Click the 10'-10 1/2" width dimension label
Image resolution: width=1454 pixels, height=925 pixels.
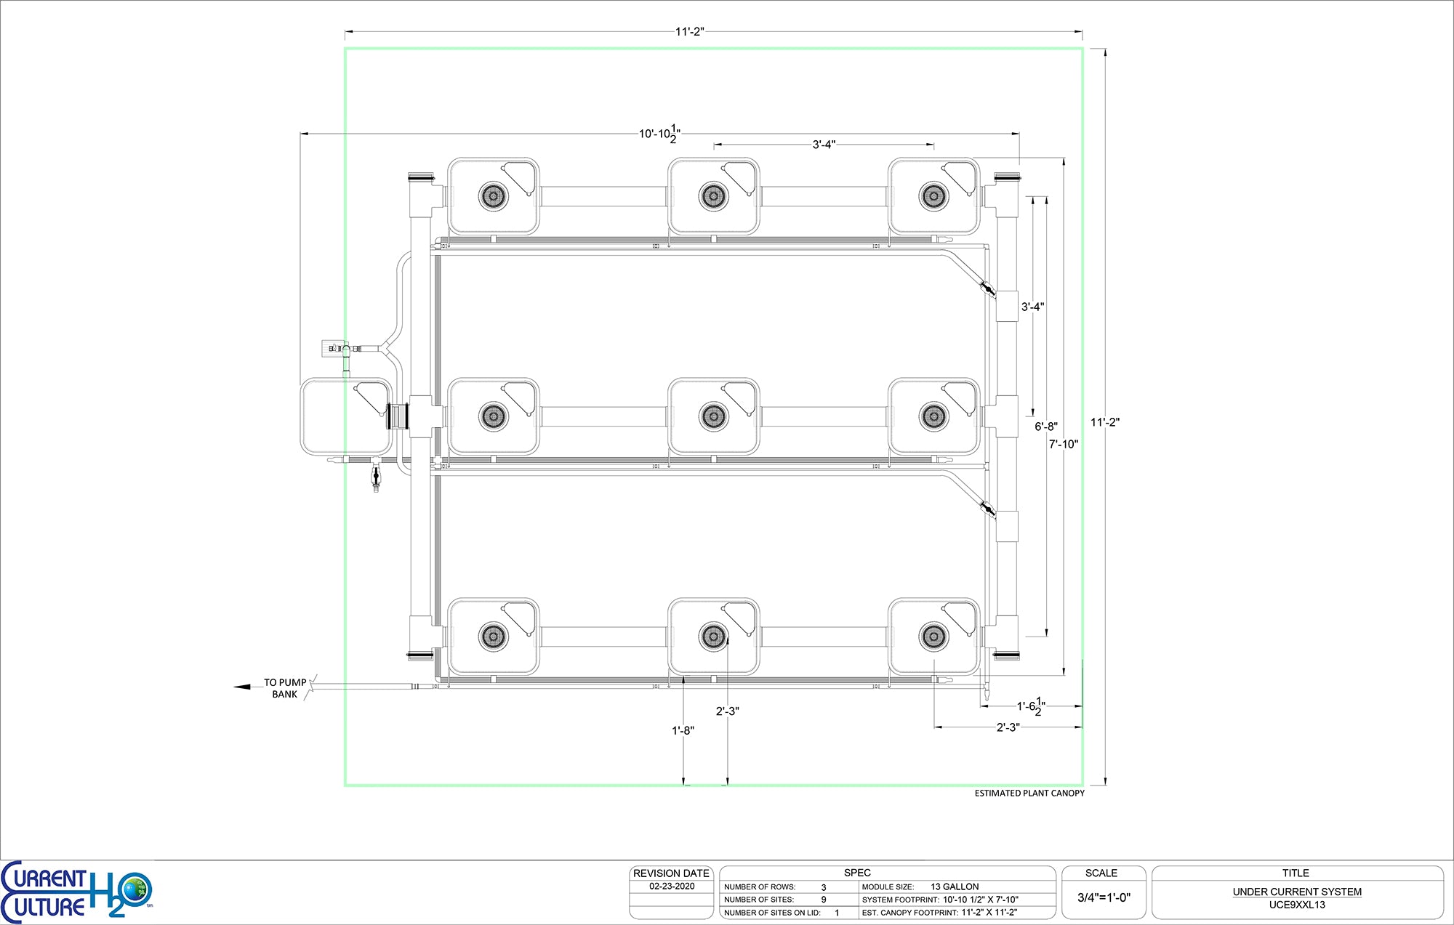(659, 134)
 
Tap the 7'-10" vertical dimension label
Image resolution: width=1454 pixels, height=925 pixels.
(1063, 444)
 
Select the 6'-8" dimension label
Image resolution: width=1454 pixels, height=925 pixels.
(1046, 427)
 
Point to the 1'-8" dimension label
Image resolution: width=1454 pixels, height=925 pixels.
(683, 730)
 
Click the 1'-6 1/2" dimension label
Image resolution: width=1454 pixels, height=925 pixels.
(1031, 706)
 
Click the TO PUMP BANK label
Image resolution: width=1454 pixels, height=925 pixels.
(285, 688)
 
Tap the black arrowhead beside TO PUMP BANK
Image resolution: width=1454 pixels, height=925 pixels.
(241, 686)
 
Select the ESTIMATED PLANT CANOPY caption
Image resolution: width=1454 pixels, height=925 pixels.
(1029, 793)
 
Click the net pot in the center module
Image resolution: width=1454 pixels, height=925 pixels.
(713, 416)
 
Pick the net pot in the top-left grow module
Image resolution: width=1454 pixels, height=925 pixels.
(493, 196)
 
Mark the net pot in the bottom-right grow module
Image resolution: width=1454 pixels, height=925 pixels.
(933, 637)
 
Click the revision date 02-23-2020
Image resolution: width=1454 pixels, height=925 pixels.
(672, 886)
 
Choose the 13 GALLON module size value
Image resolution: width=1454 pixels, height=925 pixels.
(955, 886)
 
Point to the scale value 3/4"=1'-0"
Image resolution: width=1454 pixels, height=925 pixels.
(1104, 897)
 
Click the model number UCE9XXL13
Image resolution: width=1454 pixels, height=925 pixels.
(1297, 905)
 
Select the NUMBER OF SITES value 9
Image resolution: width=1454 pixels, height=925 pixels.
(824, 900)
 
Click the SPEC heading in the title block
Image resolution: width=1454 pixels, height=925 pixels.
(857, 873)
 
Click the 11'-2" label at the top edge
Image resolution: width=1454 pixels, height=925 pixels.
(689, 32)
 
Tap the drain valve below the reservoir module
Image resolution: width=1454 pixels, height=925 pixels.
(376, 477)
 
